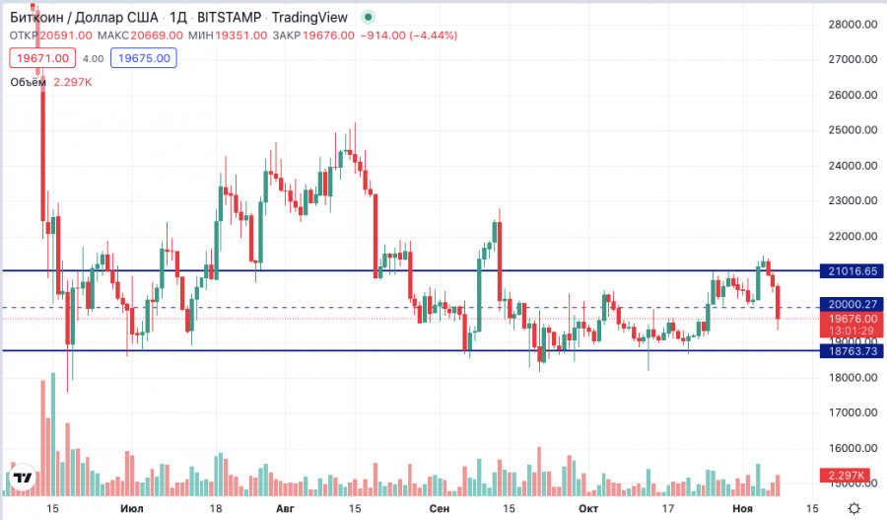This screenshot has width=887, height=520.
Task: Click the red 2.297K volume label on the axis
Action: click(850, 477)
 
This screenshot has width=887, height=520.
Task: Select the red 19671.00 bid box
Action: click(42, 58)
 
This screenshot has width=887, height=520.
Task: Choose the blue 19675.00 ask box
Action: click(144, 58)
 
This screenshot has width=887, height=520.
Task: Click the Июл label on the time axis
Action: click(129, 508)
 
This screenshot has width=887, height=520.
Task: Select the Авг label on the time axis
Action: click(286, 508)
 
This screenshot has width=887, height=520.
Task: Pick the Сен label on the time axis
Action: click(441, 508)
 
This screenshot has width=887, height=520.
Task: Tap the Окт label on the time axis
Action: click(588, 508)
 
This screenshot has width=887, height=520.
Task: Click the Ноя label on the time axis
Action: click(742, 508)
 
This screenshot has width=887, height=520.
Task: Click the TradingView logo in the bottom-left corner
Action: click(24, 479)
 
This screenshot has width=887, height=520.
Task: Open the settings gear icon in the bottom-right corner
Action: click(853, 507)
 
